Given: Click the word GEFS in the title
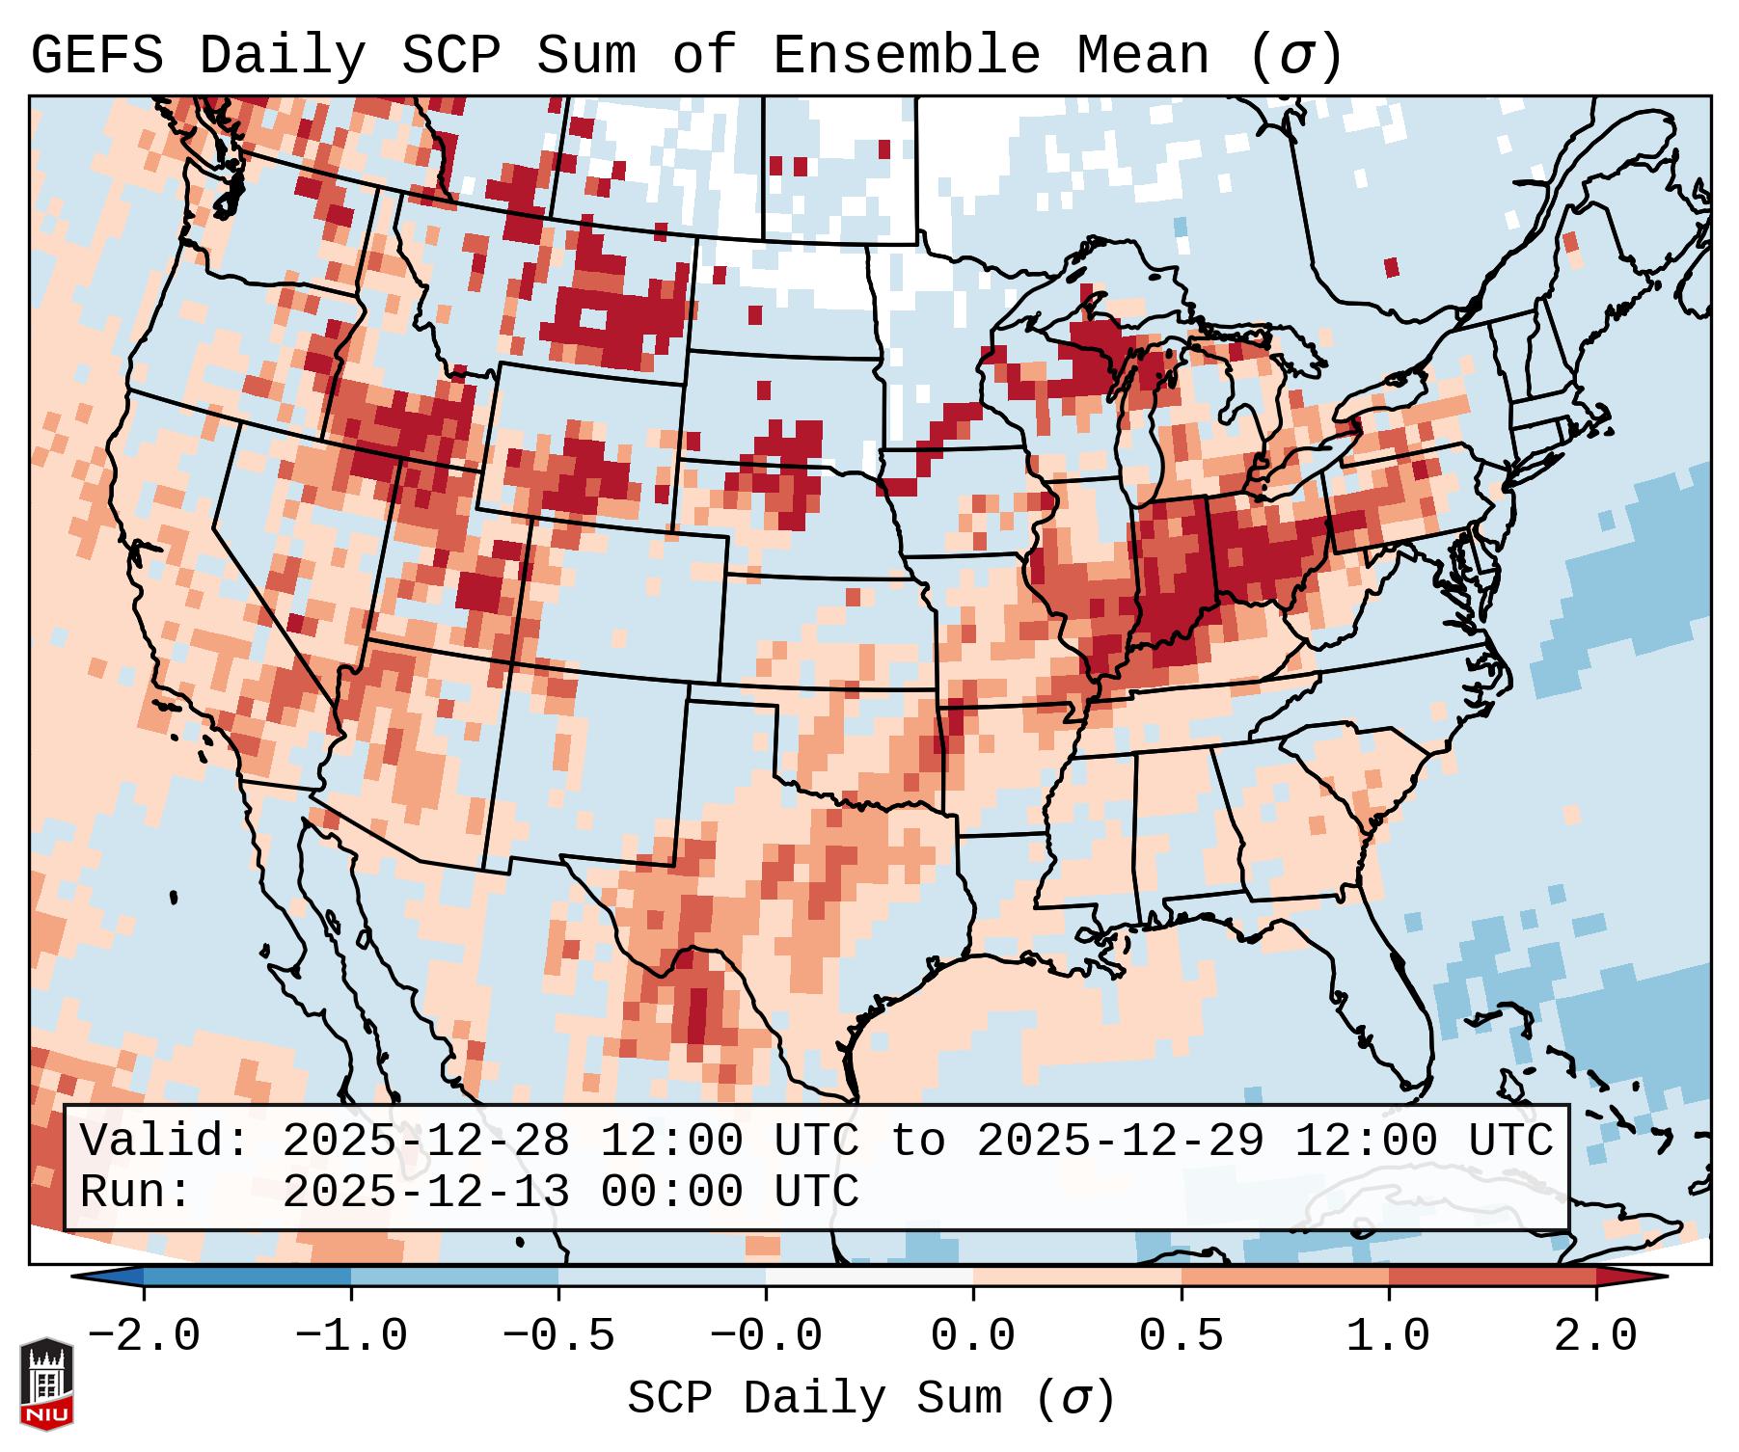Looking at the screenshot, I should coord(96,56).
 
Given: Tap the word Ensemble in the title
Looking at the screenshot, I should coord(907,56).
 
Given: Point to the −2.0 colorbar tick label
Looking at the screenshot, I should coord(144,1336).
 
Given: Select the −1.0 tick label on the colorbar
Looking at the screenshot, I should coord(351,1336).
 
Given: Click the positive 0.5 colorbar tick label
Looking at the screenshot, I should coord(1181,1336).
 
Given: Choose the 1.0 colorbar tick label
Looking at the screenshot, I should coord(1388,1336).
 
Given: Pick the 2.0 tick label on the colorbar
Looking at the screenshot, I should coord(1595,1336).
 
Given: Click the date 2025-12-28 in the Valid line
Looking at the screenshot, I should coord(425,1142).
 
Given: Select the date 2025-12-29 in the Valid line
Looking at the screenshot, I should coord(1120,1142).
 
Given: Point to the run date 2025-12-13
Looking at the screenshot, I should coord(425,1193).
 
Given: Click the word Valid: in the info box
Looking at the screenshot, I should coord(164,1142).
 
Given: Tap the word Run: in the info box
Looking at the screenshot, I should coord(135,1193).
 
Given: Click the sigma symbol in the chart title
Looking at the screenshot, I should coord(1295,56).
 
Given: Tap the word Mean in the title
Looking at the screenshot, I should coord(1143,56).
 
